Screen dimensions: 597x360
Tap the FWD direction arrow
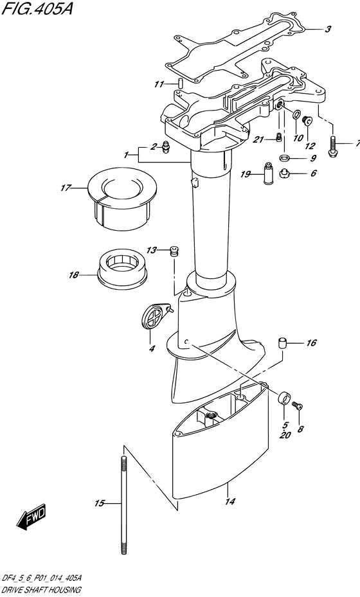[x=32, y=517]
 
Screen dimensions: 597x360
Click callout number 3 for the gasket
[x=327, y=29]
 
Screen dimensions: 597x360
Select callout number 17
[x=65, y=188]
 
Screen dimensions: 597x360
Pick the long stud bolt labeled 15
[x=122, y=504]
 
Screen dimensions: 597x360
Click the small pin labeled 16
[x=280, y=342]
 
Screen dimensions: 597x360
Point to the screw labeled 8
[x=297, y=405]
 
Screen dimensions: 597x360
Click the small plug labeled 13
[x=173, y=252]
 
